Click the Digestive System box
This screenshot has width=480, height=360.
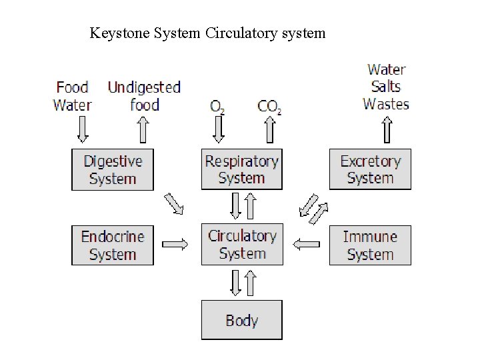(x=113, y=169)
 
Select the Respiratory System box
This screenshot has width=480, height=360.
(x=241, y=169)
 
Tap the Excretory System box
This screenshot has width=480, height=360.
(x=370, y=169)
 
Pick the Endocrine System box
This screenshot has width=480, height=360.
(x=113, y=245)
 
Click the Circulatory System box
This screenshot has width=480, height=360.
(x=241, y=245)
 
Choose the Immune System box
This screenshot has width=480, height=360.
(x=370, y=245)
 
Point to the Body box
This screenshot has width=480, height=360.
(x=241, y=320)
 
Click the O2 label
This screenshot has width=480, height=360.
(x=217, y=106)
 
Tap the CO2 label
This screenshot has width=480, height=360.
(x=269, y=106)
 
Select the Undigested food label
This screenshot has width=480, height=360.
(x=144, y=95)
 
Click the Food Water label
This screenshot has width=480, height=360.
(x=72, y=95)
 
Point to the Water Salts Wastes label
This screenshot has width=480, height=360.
(x=386, y=86)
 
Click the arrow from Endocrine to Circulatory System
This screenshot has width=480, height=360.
(x=176, y=245)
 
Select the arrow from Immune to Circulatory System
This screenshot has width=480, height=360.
(x=307, y=245)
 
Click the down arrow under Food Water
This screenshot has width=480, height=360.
(x=83, y=129)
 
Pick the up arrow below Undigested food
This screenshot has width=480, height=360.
(x=142, y=129)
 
